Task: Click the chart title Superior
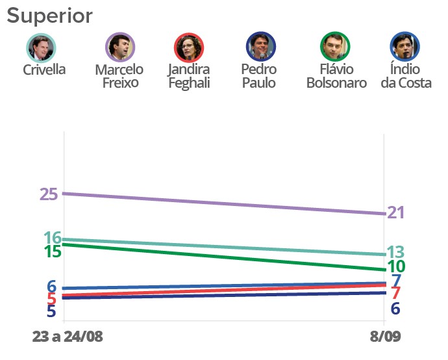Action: pyautogui.click(x=50, y=16)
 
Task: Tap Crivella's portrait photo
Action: pyautogui.click(x=42, y=47)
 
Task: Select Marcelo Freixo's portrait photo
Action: pyautogui.click(x=120, y=47)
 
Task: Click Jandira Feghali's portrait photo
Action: pyautogui.click(x=190, y=47)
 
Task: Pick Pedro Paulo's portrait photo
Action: pyautogui.click(x=261, y=47)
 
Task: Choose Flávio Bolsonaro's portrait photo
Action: pyautogui.click(x=336, y=47)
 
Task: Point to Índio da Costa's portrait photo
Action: pyautogui.click(x=405, y=47)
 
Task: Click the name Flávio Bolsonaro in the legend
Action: pyautogui.click(x=336, y=76)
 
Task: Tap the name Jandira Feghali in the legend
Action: pyautogui.click(x=190, y=76)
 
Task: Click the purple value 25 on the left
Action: pyautogui.click(x=49, y=194)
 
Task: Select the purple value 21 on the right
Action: pyautogui.click(x=396, y=212)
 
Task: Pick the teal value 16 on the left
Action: pyautogui.click(x=53, y=238)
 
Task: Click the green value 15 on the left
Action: pyautogui.click(x=52, y=251)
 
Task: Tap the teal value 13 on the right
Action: pyautogui.click(x=397, y=252)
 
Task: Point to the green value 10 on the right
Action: pyautogui.click(x=397, y=266)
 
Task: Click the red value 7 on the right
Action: pyautogui.click(x=395, y=293)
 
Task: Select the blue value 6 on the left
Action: pyautogui.click(x=51, y=287)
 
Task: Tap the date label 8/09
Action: pyautogui.click(x=384, y=337)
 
